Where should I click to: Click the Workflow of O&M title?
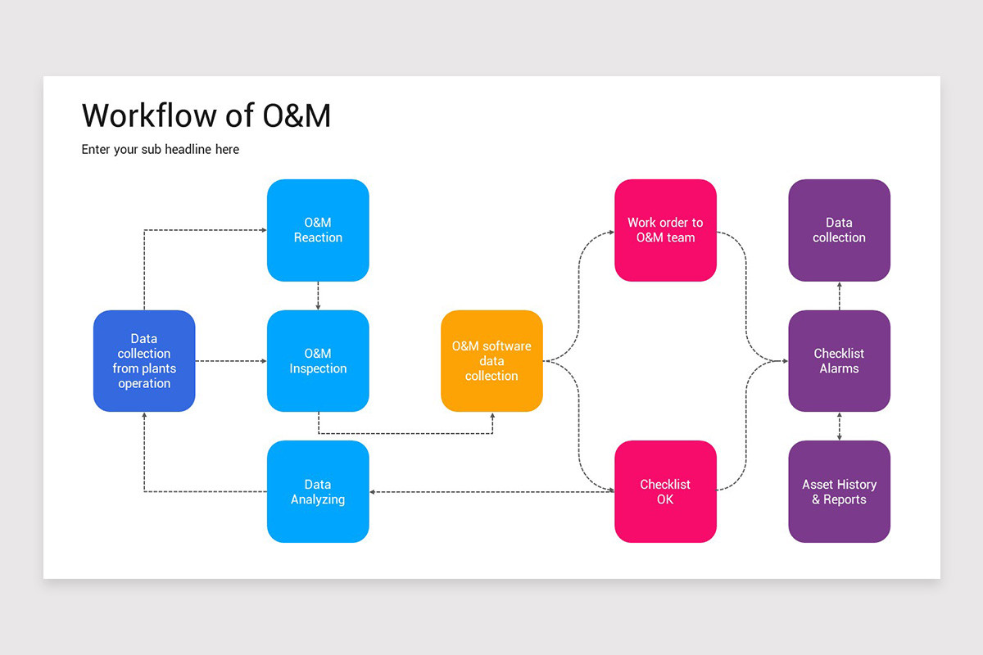[206, 115]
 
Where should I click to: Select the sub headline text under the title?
[161, 149]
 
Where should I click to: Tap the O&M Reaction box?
[318, 230]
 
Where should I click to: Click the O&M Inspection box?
[318, 361]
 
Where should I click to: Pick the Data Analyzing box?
[318, 492]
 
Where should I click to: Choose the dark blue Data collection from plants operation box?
[144, 361]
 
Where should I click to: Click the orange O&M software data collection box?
[491, 361]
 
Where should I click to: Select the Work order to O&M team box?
[665, 230]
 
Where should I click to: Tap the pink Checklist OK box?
[665, 492]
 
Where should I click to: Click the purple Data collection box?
[839, 230]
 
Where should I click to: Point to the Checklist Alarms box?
[839, 361]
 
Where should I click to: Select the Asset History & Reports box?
[839, 492]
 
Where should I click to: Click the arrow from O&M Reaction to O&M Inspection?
[318, 296]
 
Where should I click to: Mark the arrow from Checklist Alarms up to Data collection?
[839, 296]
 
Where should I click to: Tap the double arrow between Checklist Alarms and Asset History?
[839, 427]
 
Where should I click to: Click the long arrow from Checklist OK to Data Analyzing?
[491, 492]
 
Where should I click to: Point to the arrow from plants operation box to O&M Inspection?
[231, 361]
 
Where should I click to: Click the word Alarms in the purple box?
[839, 368]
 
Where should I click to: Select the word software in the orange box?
[506, 346]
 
